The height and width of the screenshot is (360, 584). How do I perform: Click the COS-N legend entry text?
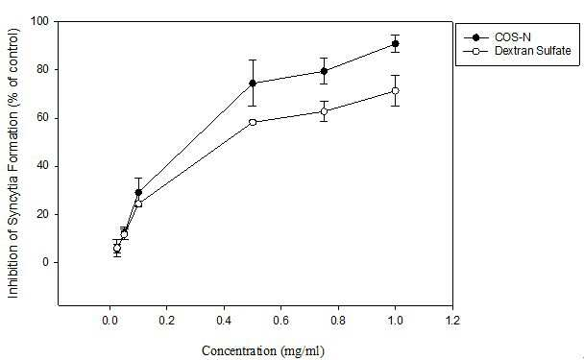513,37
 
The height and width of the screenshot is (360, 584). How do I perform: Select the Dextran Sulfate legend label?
532,51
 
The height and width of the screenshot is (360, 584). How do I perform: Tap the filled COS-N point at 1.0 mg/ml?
395,44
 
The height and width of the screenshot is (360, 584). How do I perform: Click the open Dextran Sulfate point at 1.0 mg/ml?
395,91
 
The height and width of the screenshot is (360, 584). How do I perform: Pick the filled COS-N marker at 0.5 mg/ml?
253,83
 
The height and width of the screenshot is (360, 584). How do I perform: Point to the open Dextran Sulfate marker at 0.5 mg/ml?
253,122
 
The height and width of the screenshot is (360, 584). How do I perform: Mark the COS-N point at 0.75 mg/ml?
324,71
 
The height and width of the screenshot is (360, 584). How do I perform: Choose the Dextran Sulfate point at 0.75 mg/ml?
324,111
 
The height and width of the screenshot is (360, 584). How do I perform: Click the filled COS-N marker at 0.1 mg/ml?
138,192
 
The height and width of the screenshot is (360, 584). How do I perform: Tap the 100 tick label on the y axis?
39,21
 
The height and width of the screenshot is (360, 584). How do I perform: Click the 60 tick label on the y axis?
43,118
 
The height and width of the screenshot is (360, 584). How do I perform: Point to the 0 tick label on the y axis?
45,262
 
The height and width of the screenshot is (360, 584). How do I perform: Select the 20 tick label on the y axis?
43,214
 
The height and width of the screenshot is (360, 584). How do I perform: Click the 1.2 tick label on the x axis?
452,321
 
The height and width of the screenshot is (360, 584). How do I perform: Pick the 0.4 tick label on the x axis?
224,321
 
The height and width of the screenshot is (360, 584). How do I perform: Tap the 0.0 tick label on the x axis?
109,321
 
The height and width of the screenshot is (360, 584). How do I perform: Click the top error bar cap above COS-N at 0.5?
253,60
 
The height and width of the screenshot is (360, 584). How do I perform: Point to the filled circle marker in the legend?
475,37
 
